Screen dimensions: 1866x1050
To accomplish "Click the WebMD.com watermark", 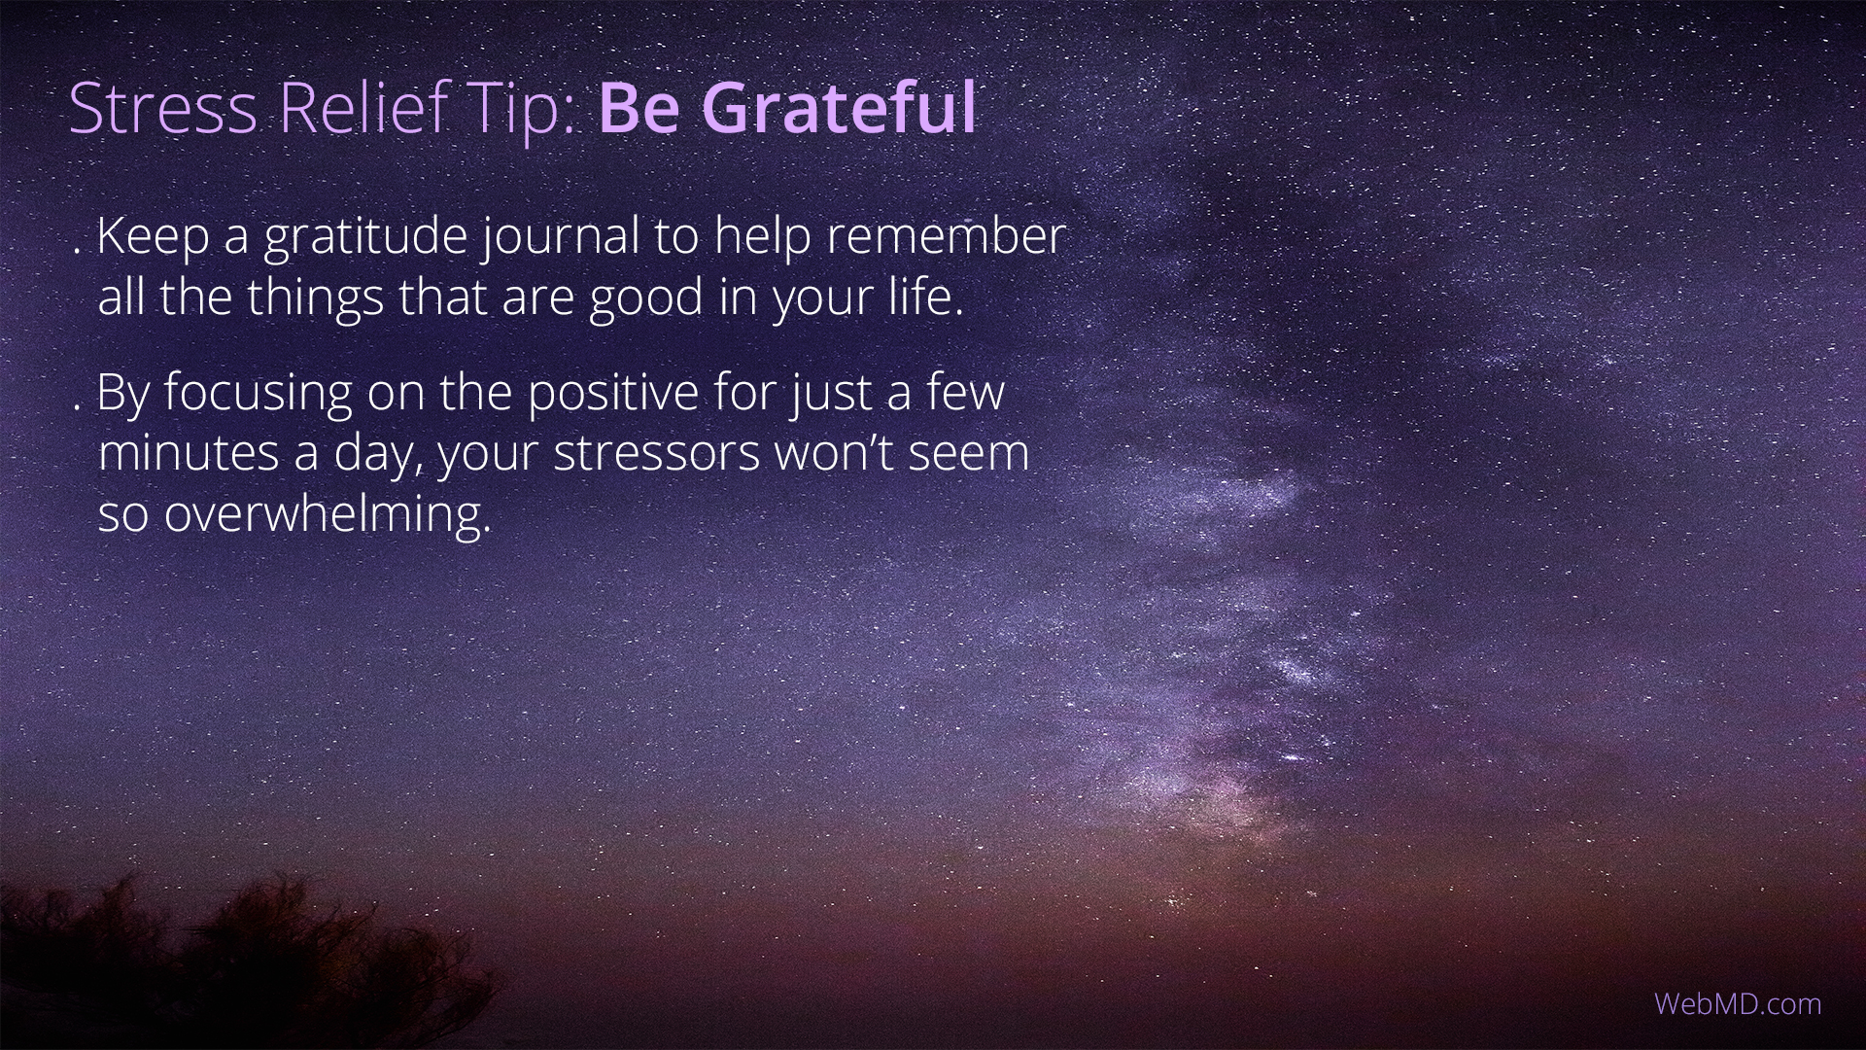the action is (1738, 1004).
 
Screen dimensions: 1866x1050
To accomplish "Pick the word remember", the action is (947, 236).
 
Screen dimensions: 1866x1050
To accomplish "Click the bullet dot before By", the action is (77, 405).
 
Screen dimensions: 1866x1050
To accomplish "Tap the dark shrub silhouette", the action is (243, 962).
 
